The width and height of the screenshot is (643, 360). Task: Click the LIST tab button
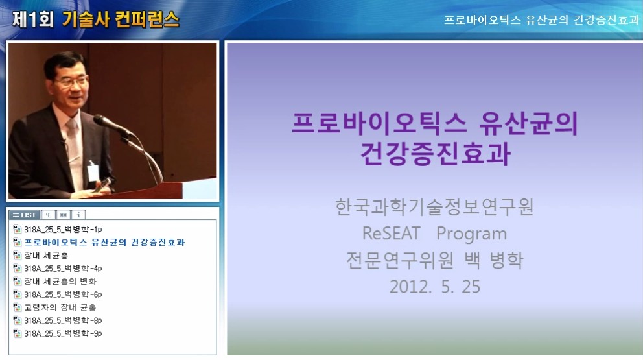click(x=24, y=215)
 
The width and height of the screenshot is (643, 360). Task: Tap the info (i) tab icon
click(x=78, y=215)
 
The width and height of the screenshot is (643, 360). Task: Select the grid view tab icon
click(x=63, y=215)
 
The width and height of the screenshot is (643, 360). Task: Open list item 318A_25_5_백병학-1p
click(x=63, y=229)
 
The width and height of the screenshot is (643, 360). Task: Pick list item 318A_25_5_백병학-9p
click(x=63, y=333)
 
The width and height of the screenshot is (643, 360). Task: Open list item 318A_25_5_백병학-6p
click(x=63, y=294)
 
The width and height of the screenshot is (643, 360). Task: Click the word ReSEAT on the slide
click(x=392, y=233)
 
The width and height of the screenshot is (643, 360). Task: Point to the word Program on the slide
click(x=472, y=234)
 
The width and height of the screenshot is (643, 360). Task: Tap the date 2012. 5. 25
click(x=435, y=287)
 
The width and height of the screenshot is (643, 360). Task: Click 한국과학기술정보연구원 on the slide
click(x=435, y=207)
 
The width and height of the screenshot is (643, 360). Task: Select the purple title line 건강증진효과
click(x=436, y=154)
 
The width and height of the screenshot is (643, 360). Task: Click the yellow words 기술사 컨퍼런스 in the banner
click(x=121, y=19)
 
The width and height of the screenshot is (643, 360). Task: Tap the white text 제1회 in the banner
click(x=33, y=19)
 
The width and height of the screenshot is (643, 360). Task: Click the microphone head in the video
click(x=103, y=122)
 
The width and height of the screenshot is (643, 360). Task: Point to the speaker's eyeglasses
click(x=72, y=82)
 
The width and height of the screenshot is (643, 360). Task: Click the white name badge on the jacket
click(x=93, y=172)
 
